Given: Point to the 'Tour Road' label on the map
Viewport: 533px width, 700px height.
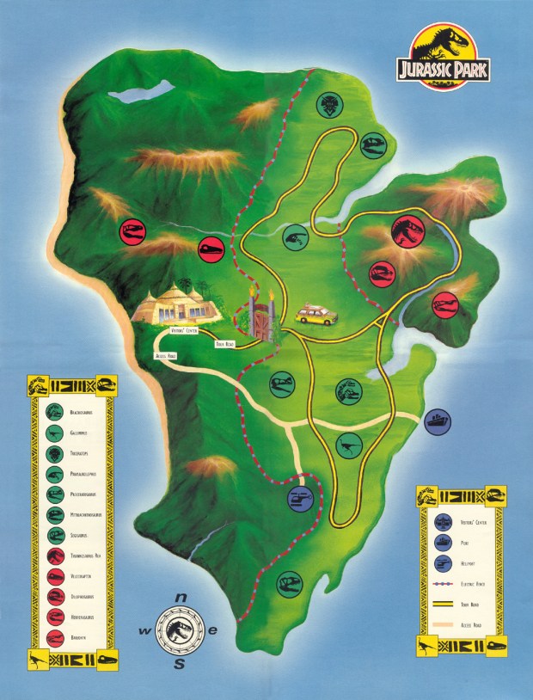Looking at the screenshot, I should (224, 344).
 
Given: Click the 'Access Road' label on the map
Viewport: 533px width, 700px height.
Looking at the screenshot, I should (166, 354).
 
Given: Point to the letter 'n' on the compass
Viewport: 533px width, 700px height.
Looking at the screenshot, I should (181, 598).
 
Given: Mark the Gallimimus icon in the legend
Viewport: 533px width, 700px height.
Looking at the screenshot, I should (55, 433).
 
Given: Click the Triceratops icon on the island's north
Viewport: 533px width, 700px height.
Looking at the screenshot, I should (328, 106).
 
